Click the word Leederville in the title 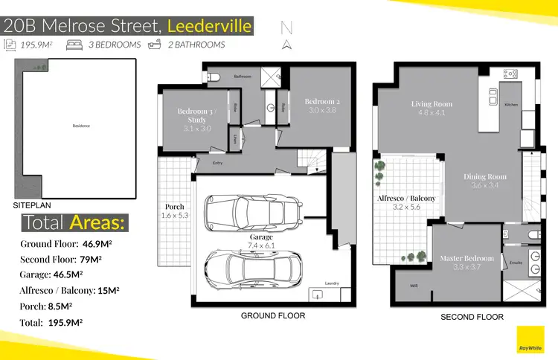210,27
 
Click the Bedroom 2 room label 321,101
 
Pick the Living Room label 432,104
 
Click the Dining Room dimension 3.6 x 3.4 485,185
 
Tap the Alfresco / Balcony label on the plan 406,199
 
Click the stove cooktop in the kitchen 510,74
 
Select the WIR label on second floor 413,285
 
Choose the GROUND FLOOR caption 273,315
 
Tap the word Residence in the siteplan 80,126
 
